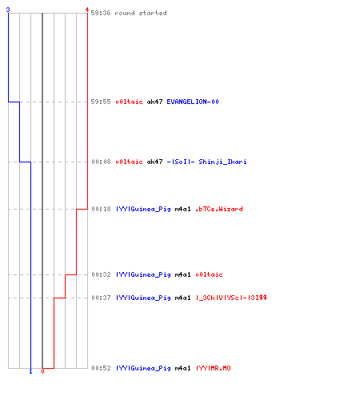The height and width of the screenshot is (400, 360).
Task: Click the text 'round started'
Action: pos(141,13)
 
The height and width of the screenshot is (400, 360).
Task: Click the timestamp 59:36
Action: pos(101,13)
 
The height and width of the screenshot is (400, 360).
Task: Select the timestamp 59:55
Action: pos(101,102)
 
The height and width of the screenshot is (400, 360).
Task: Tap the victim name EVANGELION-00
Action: pos(193,102)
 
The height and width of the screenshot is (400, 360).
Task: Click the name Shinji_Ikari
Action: pos(222,162)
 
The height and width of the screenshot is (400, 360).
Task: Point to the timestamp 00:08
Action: pos(101,162)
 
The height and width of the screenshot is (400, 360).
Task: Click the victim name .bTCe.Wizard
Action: pos(219,209)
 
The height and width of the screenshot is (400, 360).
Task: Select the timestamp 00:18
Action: pos(101,209)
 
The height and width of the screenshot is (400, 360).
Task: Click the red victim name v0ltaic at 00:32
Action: pos(209,274)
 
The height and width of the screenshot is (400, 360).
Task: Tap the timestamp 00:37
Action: pos(101,298)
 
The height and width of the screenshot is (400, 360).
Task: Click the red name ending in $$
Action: pos(231,298)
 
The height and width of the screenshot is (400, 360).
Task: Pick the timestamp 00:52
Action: pos(101,368)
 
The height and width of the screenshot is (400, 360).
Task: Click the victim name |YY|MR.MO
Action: pos(214,368)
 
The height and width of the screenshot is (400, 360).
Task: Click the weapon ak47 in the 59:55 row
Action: pos(154,102)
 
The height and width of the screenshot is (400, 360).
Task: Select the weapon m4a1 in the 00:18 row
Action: pos(182,209)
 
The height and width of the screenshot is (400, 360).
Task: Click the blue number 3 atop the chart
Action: pos(8,10)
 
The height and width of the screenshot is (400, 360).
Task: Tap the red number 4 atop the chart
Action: pos(87,10)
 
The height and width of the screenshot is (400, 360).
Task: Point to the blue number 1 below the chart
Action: pos(30,371)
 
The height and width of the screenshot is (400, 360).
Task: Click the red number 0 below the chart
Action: pos(42,371)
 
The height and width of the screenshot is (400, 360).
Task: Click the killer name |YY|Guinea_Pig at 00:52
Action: pos(143,368)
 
